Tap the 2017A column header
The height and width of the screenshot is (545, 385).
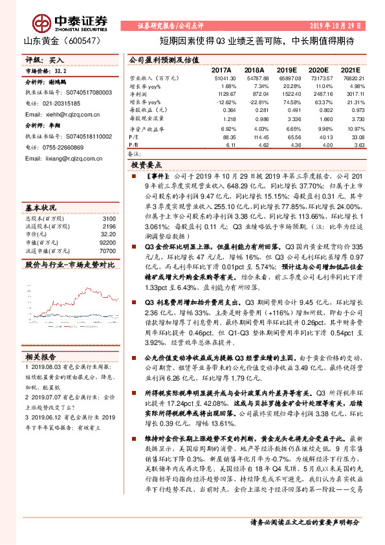pos(221,69)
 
